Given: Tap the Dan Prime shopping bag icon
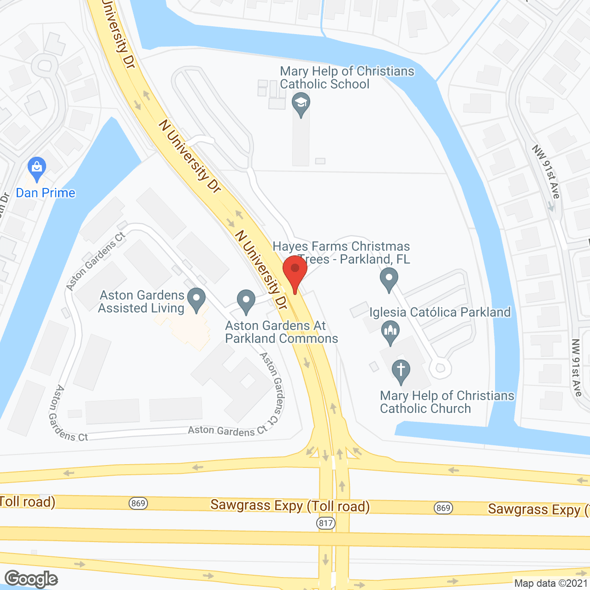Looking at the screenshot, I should tap(36, 169).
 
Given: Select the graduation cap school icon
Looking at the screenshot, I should tap(301, 104).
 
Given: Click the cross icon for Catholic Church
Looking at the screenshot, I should tap(401, 371).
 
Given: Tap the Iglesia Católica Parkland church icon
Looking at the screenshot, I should tap(390, 332).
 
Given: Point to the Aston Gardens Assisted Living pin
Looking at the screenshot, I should tap(197, 299).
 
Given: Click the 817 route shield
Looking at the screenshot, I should tap(326, 523).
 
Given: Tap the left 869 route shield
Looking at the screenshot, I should tap(138, 503).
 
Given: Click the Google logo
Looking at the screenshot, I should tap(31, 579).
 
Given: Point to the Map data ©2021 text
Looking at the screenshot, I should tap(551, 584).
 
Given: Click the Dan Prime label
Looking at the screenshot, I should tap(46, 193).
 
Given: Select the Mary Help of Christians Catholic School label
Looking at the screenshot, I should tap(347, 77).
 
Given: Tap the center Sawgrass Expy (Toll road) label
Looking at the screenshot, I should tap(290, 506).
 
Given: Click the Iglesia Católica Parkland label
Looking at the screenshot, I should tap(440, 312).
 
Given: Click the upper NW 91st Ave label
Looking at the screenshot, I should tap(547, 171).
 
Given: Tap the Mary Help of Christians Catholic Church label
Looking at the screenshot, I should tap(447, 402).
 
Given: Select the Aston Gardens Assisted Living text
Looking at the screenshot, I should tap(142, 301).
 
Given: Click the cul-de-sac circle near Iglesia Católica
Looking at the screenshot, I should tap(440, 368).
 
